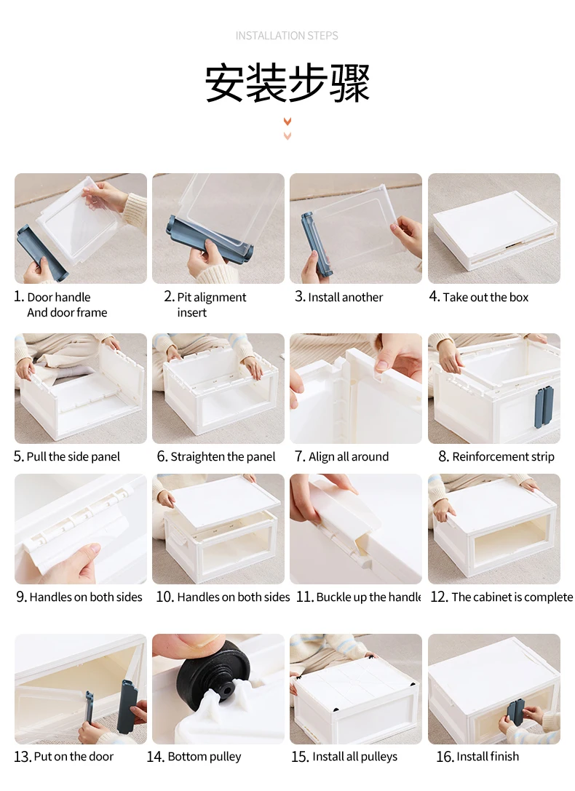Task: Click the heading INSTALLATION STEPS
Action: coord(287,36)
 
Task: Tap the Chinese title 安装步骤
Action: coord(287,83)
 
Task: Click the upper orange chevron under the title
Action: coord(287,122)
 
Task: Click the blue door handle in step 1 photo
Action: coord(42,255)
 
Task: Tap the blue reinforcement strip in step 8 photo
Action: coord(544,407)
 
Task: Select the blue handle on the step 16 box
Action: coord(515,715)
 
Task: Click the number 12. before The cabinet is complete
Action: coord(439,597)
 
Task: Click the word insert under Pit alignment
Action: coord(191,313)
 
